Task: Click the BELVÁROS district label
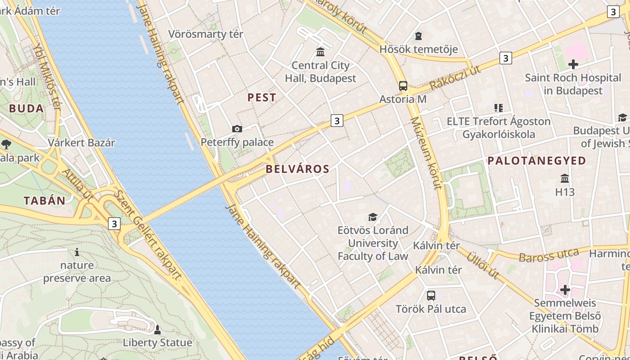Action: [x=297, y=169]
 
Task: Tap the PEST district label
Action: [x=262, y=98]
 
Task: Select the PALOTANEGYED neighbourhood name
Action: [x=537, y=161]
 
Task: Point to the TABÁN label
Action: [x=45, y=201]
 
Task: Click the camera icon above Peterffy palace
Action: [x=237, y=129]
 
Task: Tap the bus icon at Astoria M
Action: [x=403, y=86]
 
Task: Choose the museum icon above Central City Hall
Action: [x=320, y=52]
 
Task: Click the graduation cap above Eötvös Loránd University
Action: [x=373, y=217]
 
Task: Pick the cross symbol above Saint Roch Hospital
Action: [x=573, y=64]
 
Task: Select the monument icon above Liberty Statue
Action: [x=157, y=330]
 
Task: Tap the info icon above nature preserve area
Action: [x=77, y=252]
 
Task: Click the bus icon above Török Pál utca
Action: [x=431, y=296]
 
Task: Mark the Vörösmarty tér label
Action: [x=206, y=34]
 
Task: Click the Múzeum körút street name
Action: [x=426, y=153]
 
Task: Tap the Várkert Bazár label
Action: [x=81, y=143]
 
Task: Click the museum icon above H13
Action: [x=565, y=178]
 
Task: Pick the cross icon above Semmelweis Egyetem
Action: [x=565, y=290]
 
